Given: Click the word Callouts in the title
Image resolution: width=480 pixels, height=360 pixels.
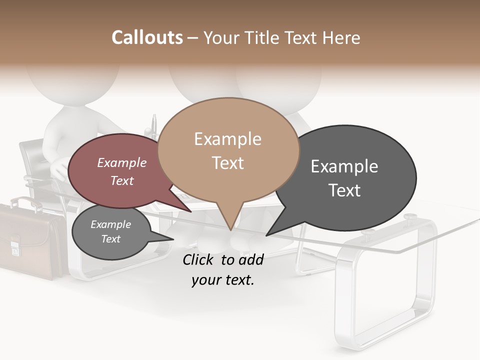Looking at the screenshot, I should pyautogui.click(x=147, y=37).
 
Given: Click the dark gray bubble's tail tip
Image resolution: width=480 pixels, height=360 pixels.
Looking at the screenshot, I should pyautogui.click(x=266, y=235).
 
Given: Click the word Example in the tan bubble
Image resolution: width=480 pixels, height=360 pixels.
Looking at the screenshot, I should pyautogui.click(x=227, y=138).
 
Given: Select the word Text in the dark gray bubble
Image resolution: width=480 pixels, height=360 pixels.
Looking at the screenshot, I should pyautogui.click(x=344, y=190).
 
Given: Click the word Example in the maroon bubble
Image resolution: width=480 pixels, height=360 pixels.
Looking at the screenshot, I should pyautogui.click(x=122, y=162).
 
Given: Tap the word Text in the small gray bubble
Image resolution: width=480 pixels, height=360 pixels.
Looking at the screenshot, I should pyautogui.click(x=110, y=239).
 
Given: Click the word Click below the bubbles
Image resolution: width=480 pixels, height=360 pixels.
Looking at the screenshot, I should pyautogui.click(x=198, y=259).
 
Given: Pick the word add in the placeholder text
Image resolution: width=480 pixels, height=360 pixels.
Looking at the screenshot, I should pyautogui.click(x=251, y=259).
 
